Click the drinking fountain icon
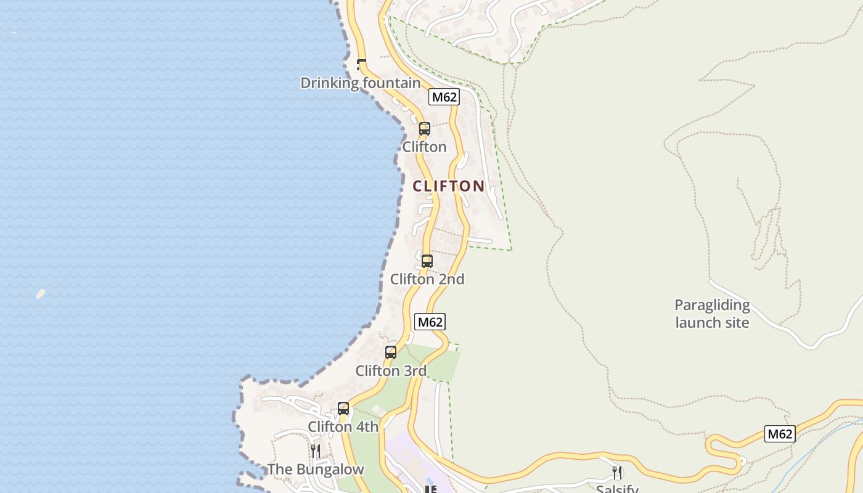click(362, 64)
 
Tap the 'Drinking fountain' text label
click(361, 83)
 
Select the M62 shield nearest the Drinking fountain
click(444, 97)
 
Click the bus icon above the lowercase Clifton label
click(425, 129)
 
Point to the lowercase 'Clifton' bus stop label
click(424, 147)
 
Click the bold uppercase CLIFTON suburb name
click(448, 186)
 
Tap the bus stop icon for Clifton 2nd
click(427, 261)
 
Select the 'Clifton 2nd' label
click(427, 279)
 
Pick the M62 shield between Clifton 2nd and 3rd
click(430, 322)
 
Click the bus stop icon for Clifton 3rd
click(391, 352)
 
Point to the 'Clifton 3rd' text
click(391, 371)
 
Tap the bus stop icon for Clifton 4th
click(343, 408)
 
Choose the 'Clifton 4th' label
click(343, 426)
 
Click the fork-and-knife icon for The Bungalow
click(315, 451)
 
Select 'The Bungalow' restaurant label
click(316, 470)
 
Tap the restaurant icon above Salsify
click(616, 472)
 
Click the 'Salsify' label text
click(617, 489)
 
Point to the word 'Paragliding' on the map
click(712, 305)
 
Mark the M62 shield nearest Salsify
click(780, 434)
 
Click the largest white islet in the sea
click(41, 294)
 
